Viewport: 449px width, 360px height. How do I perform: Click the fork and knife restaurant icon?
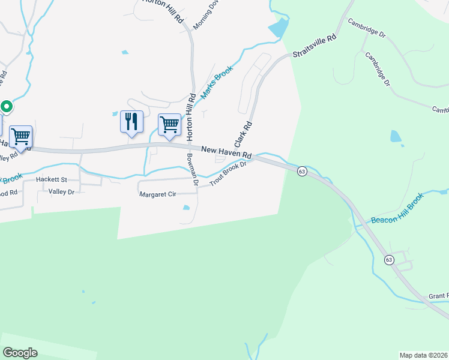131,121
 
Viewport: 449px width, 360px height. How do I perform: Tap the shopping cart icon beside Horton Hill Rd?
169,125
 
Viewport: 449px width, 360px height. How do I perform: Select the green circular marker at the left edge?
7,107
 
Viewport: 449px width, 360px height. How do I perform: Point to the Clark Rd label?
243,136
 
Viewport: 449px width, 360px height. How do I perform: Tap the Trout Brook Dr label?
228,175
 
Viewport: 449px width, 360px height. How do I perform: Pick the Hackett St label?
51,179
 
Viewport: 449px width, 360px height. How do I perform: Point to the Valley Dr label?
61,192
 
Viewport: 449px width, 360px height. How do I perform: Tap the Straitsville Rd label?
314,46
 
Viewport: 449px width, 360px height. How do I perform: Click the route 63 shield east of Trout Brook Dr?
302,171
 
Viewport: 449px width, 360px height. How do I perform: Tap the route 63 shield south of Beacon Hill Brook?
389,259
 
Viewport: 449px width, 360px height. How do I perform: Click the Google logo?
20,352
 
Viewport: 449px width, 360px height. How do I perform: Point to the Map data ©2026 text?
423,355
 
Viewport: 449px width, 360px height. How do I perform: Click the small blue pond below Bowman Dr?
186,208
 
